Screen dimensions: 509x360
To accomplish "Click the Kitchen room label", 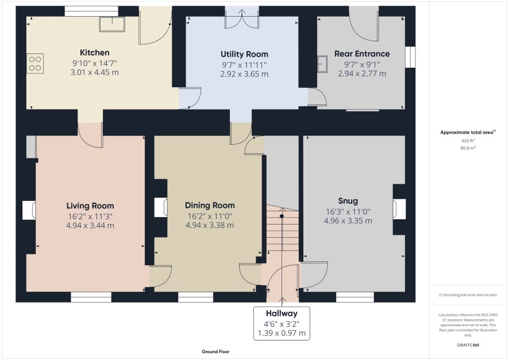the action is pyautogui.click(x=94, y=53).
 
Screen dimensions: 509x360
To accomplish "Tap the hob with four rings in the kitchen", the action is pyautogui.click(x=35, y=64).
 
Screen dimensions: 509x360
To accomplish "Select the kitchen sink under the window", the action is pyautogui.click(x=112, y=24).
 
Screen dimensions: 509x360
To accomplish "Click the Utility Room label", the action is pyautogui.click(x=244, y=54).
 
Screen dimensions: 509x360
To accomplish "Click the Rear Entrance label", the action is pyautogui.click(x=362, y=54).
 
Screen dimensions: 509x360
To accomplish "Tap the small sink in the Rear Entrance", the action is pyautogui.click(x=322, y=64).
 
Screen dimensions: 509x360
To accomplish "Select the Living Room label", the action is pyautogui.click(x=90, y=206).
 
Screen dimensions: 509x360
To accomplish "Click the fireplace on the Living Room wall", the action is pyautogui.click(x=29, y=210).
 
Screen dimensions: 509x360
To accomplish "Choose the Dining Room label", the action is pyautogui.click(x=210, y=206).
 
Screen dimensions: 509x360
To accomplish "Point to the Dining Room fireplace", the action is pyautogui.click(x=161, y=207).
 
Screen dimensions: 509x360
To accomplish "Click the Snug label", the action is pyautogui.click(x=348, y=201).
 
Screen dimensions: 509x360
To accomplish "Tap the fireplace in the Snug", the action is pyautogui.click(x=399, y=210).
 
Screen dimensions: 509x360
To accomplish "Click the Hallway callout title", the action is pyautogui.click(x=282, y=313).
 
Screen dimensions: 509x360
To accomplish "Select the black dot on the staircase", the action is pyautogui.click(x=282, y=216).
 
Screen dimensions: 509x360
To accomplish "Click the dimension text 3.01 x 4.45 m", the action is pyautogui.click(x=94, y=72).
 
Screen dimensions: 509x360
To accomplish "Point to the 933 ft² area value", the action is pyautogui.click(x=468, y=141).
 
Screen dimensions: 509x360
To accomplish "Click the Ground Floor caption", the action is pyautogui.click(x=215, y=351).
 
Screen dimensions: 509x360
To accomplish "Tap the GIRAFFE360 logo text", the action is pyautogui.click(x=468, y=344).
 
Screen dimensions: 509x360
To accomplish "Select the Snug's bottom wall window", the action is pyautogui.click(x=355, y=297).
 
